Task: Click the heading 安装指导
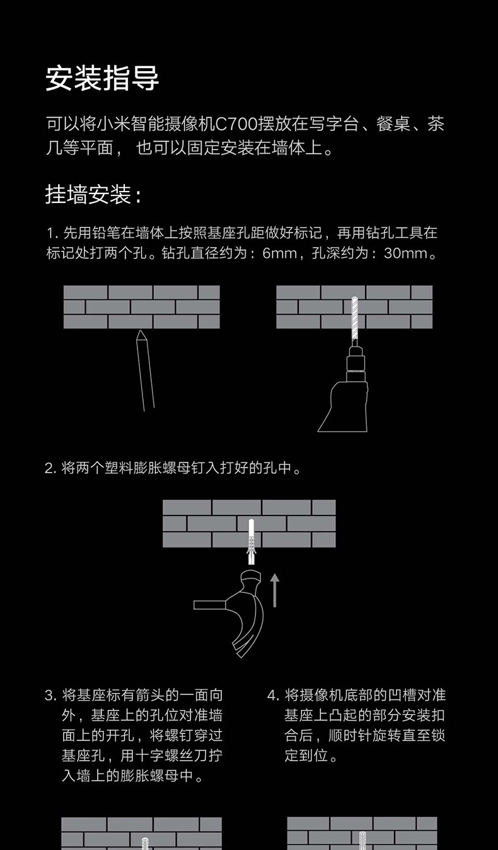pyautogui.click(x=102, y=78)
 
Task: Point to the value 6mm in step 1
pyautogui.click(x=279, y=253)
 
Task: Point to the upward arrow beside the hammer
pyautogui.click(x=274, y=590)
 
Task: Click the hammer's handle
pyautogui.click(x=210, y=604)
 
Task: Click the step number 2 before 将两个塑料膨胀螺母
pyautogui.click(x=50, y=469)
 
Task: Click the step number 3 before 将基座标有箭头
pyautogui.click(x=50, y=696)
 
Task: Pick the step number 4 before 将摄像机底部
pyautogui.click(x=272, y=696)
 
